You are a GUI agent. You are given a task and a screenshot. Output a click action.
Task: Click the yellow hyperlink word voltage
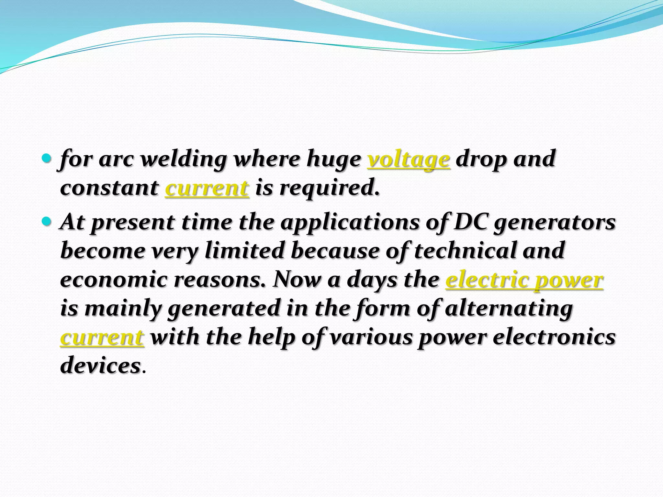point(409,160)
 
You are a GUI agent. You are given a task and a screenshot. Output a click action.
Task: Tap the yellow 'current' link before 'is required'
point(207,188)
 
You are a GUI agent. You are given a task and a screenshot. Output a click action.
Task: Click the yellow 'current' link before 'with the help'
point(102,337)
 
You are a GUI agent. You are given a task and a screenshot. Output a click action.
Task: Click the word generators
point(554,223)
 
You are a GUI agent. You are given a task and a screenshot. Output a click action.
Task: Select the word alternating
point(509,309)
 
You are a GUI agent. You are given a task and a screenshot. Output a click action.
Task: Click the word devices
point(100,366)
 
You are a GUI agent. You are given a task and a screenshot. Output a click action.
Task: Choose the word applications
point(350,223)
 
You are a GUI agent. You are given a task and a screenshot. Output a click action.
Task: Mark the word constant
point(109,188)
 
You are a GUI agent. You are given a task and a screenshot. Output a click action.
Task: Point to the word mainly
point(123,309)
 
